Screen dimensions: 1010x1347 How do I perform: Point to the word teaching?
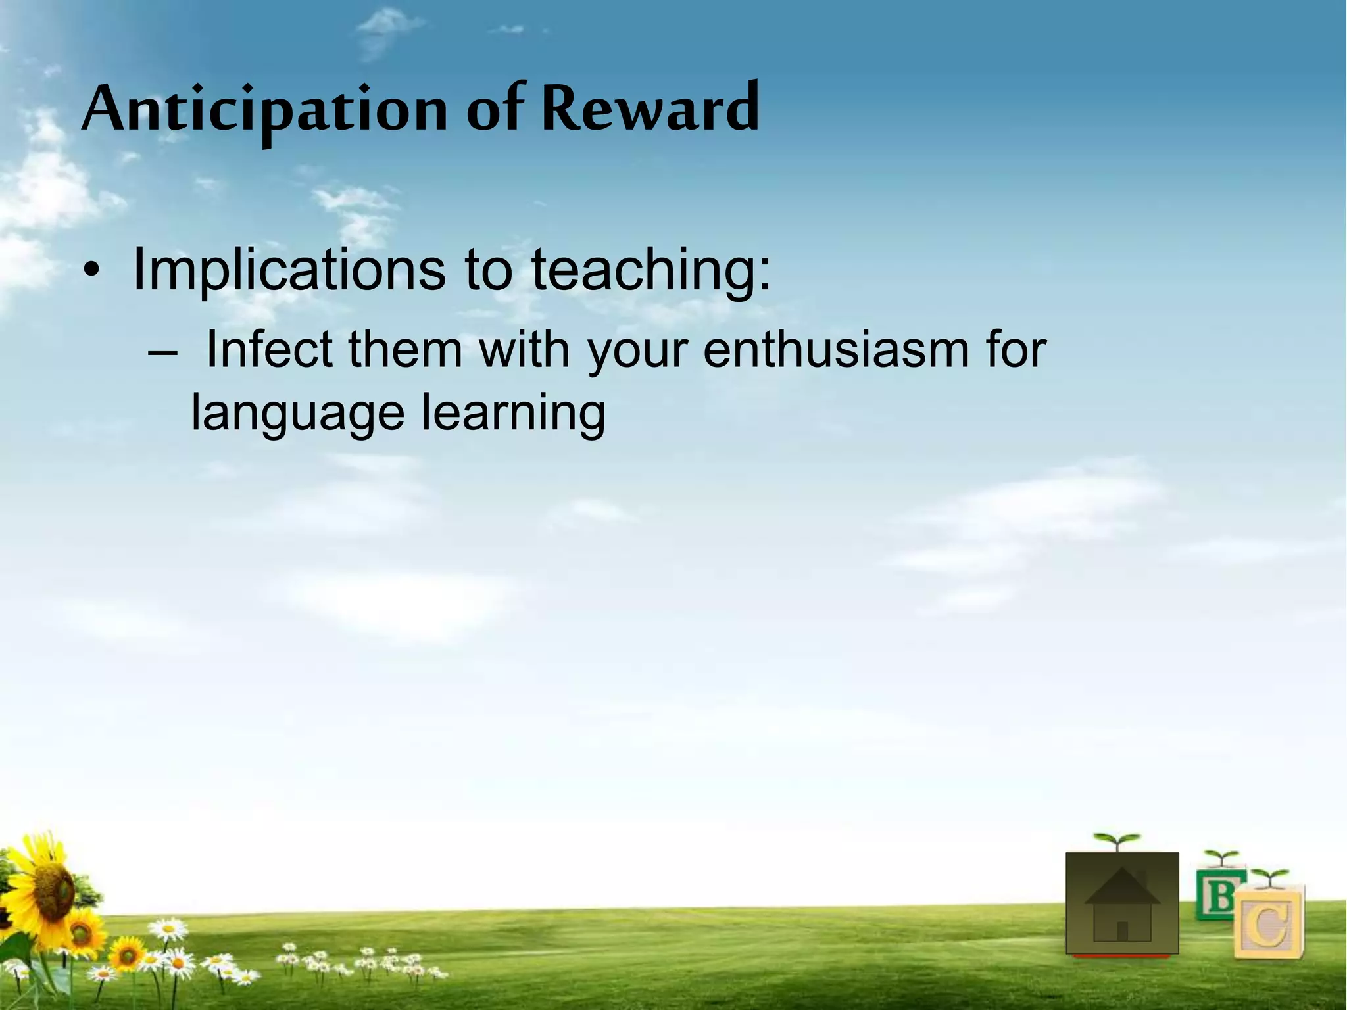pyautogui.click(x=650, y=270)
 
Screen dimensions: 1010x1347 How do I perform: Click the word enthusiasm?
pyautogui.click(x=835, y=350)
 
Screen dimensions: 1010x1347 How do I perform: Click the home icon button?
pyautogui.click(x=1122, y=903)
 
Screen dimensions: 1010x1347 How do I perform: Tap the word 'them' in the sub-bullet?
pyautogui.click(x=405, y=350)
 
